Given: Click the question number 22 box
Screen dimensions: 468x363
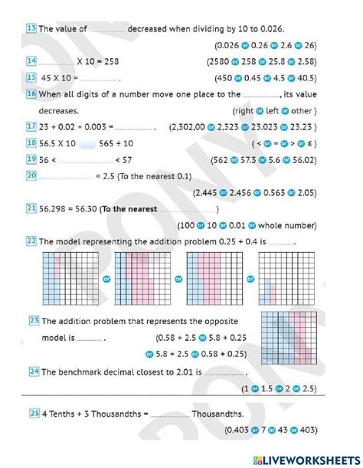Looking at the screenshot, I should coord(31,241).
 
